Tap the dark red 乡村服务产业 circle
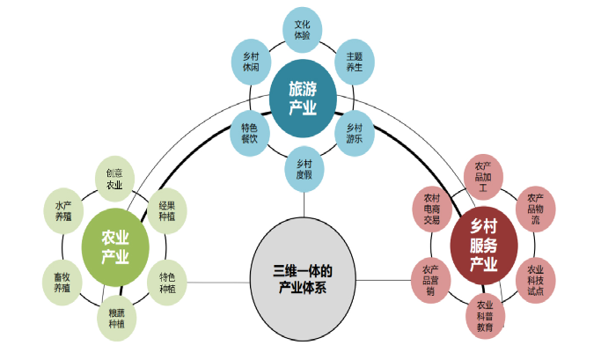[483, 244]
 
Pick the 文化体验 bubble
[302, 29]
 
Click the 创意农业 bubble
[114, 179]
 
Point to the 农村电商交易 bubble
[432, 208]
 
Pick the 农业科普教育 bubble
[485, 315]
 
